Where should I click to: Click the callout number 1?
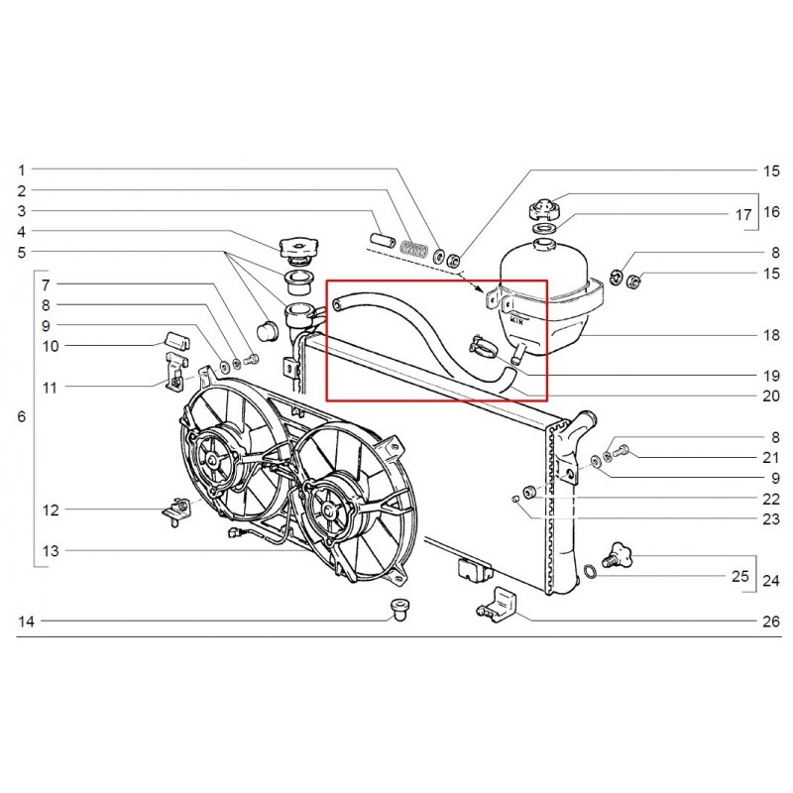[22, 170]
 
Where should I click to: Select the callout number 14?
[26, 622]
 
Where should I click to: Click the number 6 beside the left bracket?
[22, 417]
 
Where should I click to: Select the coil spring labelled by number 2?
[417, 250]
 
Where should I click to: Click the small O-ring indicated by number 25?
[589, 571]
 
